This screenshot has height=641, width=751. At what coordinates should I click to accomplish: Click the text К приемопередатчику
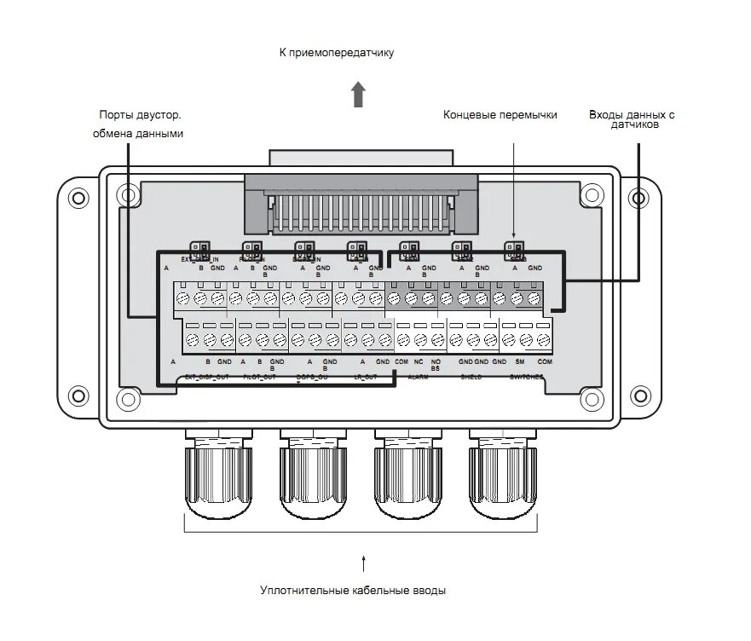click(337, 53)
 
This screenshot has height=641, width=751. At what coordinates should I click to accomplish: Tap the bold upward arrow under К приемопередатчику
click(359, 94)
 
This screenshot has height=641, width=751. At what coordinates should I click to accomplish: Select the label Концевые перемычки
click(500, 114)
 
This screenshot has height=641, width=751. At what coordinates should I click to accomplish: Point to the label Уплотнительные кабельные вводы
click(353, 590)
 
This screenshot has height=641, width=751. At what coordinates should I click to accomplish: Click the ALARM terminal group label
click(418, 376)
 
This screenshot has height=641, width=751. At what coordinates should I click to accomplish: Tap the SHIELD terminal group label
click(471, 376)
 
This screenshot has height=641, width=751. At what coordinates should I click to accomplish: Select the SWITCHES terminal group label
click(525, 376)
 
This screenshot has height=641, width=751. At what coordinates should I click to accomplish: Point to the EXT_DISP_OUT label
click(205, 376)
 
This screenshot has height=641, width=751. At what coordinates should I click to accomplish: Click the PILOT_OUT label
click(259, 376)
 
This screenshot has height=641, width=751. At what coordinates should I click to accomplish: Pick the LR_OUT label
click(365, 376)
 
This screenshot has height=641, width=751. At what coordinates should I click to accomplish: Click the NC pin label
click(419, 362)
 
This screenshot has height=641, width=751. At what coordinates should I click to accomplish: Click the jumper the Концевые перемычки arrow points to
click(514, 251)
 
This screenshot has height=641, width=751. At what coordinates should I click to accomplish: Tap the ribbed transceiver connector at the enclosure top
click(359, 205)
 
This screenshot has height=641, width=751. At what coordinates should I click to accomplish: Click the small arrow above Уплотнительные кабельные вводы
click(364, 563)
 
